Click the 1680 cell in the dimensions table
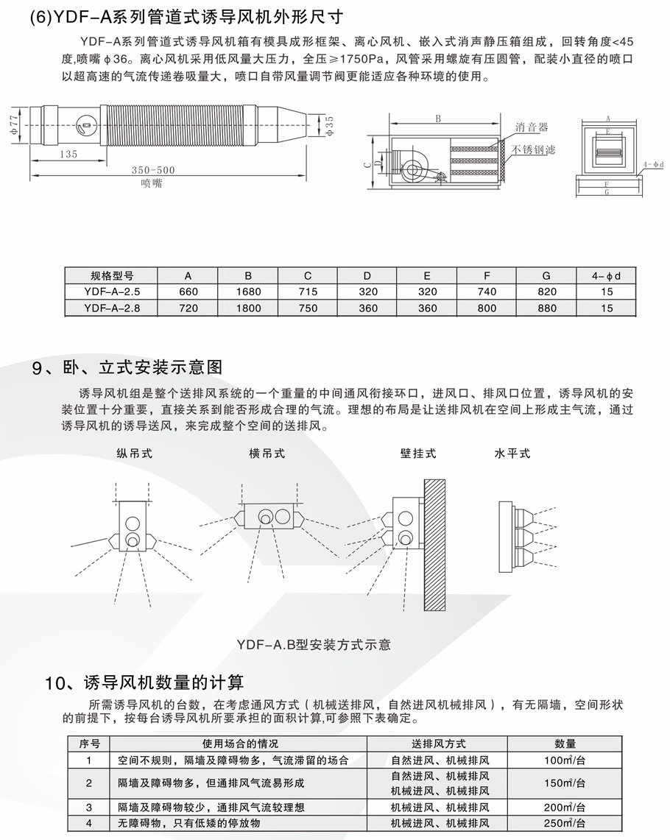click(248, 292)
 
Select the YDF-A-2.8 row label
click(110, 308)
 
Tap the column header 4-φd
click(606, 276)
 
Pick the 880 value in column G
click(546, 308)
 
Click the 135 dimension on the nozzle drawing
click(68, 154)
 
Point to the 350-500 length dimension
click(153, 170)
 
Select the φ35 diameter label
click(329, 125)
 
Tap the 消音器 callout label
click(532, 127)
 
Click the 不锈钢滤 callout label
click(534, 149)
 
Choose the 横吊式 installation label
click(267, 453)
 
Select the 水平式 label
click(512, 453)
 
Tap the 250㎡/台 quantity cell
click(565, 823)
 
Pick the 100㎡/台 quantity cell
click(565, 760)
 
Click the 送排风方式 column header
click(439, 744)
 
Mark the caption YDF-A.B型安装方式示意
click(314, 645)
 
